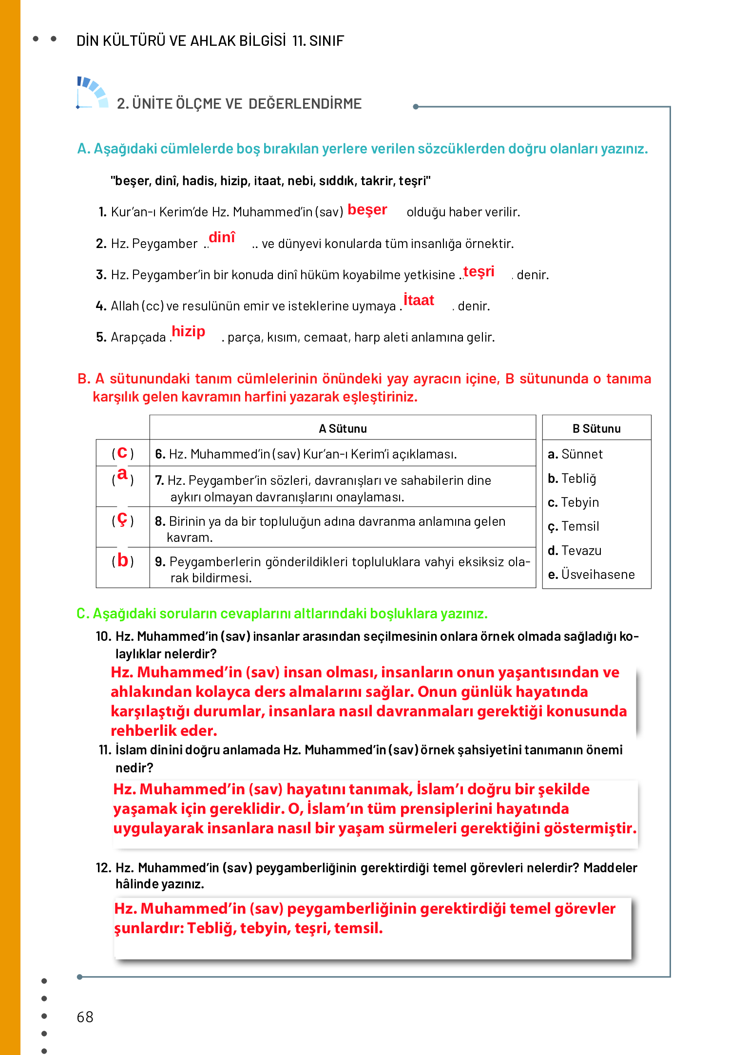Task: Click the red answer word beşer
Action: click(x=367, y=210)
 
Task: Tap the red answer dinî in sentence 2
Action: click(x=222, y=237)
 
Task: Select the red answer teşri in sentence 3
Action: click(x=479, y=271)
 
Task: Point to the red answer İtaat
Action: click(x=419, y=300)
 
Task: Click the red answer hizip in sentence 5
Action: click(x=188, y=331)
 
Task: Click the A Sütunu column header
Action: click(x=343, y=429)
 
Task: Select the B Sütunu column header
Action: click(x=596, y=429)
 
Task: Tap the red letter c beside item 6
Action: click(x=122, y=453)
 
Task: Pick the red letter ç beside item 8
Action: click(x=122, y=519)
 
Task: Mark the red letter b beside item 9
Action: click(x=123, y=560)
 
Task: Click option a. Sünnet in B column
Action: click(x=575, y=454)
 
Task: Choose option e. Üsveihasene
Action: click(x=591, y=575)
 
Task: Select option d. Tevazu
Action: click(x=575, y=551)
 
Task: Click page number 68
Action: click(x=85, y=1017)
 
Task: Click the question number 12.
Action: click(x=103, y=868)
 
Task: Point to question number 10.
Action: click(x=103, y=636)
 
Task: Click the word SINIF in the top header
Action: click(x=326, y=41)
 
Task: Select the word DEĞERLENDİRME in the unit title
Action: click(x=305, y=104)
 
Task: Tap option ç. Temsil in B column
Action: click(x=574, y=526)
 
